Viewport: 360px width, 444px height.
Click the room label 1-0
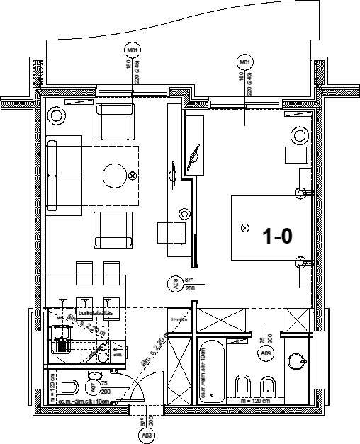pos(278,236)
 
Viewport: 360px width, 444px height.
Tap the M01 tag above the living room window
pos(132,51)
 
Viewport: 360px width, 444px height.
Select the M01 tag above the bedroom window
pos(245,63)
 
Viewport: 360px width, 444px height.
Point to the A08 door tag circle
pos(171,285)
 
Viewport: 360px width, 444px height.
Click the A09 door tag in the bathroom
pos(266,352)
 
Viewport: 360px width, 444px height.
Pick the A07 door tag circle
pos(93,387)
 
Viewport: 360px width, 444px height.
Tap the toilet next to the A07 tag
pos(69,387)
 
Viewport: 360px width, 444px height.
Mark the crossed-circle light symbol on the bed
pos(245,228)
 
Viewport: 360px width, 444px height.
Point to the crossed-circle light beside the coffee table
pos(132,176)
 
